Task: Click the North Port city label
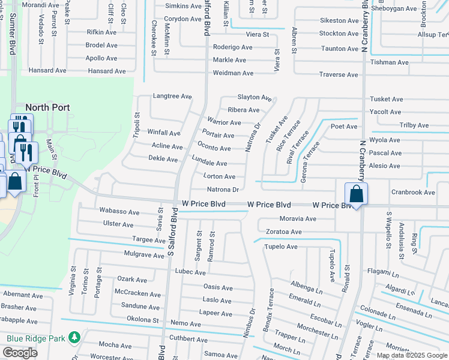[47, 107]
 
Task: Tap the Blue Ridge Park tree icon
[74, 338]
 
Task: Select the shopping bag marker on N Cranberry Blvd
[357, 194]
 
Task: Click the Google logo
[20, 353]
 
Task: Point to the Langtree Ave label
[172, 96]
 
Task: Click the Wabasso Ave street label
[119, 212]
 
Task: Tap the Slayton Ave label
[255, 97]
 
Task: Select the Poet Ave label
[344, 127]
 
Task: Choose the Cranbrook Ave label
[413, 193]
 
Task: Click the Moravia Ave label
[298, 219]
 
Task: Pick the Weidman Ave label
[234, 73]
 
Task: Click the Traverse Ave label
[339, 75]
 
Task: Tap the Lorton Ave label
[219, 176]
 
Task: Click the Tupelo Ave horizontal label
[282, 247]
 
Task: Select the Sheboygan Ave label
[394, 8]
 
